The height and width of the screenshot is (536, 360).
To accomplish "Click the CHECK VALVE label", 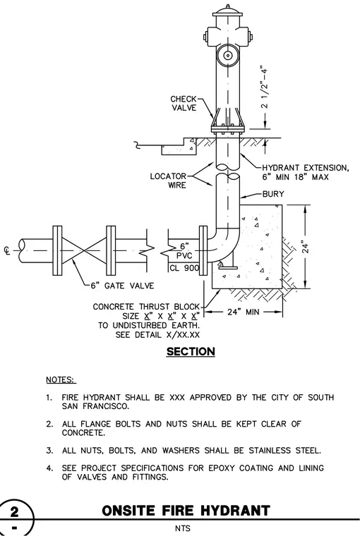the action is pyautogui.click(x=184, y=103).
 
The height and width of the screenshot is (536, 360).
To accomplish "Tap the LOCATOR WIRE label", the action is pyautogui.click(x=169, y=181).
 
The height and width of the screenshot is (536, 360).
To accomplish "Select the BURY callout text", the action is pyautogui.click(x=273, y=194).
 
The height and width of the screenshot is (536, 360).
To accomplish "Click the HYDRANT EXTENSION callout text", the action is pyautogui.click(x=305, y=172).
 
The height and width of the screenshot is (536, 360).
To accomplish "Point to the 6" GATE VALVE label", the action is pyautogui.click(x=122, y=286).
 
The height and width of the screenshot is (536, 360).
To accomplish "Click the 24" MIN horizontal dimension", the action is pyautogui.click(x=244, y=312).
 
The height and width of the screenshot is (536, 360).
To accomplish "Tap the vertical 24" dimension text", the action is pyautogui.click(x=306, y=248).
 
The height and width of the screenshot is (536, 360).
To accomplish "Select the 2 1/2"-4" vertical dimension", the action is pyautogui.click(x=264, y=87).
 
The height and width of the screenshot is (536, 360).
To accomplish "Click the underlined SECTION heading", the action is pyautogui.click(x=191, y=352).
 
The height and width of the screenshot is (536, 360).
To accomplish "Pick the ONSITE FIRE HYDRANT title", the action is pyautogui.click(x=186, y=511).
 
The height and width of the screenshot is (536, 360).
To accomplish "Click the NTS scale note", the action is pyautogui.click(x=183, y=528).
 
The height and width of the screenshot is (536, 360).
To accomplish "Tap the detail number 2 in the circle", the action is pyautogui.click(x=14, y=512).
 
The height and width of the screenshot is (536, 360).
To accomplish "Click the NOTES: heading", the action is pyautogui.click(x=61, y=379).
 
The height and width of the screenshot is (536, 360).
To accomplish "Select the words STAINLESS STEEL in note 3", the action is pyautogui.click(x=284, y=451).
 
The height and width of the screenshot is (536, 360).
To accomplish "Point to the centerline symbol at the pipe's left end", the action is pyautogui.click(x=6, y=251).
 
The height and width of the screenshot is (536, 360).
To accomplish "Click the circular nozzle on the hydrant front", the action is pyautogui.click(x=227, y=56).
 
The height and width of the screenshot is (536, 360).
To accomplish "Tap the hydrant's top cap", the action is pyautogui.click(x=227, y=11).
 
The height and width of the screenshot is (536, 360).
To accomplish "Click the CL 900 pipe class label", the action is pyautogui.click(x=184, y=268).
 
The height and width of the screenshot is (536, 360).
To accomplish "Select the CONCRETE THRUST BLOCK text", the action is pyautogui.click(x=146, y=307).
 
